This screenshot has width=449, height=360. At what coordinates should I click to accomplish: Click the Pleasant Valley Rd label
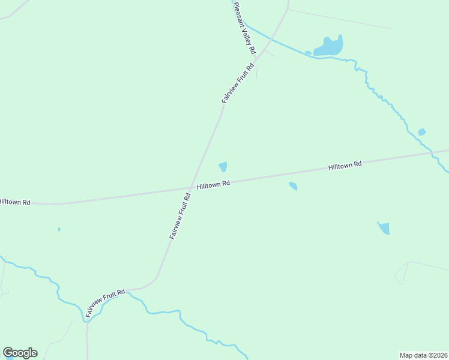click(x=244, y=28)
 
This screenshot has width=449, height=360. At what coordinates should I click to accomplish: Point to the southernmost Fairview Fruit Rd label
click(x=105, y=303)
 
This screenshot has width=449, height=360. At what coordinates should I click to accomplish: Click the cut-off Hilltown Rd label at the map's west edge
click(x=14, y=202)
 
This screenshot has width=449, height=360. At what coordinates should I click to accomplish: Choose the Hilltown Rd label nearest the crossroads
click(x=214, y=184)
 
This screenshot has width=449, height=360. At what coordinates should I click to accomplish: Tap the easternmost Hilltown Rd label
click(x=345, y=165)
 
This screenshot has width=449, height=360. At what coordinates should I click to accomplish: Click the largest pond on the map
click(x=329, y=47)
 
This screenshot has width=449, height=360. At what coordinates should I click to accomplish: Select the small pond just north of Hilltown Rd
click(x=223, y=167)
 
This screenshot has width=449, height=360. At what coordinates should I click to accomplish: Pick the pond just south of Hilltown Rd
click(x=293, y=186)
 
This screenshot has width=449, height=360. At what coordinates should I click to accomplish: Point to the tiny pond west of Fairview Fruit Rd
click(x=59, y=229)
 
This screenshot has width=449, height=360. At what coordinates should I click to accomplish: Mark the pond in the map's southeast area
click(x=384, y=228)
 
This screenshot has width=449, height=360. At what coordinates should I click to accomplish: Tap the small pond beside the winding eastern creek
click(x=422, y=132)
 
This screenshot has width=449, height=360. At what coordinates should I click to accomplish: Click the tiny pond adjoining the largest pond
click(x=308, y=53)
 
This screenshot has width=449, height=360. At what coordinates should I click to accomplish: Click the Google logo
click(x=20, y=353)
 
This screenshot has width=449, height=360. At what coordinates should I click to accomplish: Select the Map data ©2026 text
click(x=423, y=355)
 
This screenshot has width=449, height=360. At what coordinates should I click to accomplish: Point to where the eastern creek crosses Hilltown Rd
click(x=432, y=152)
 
